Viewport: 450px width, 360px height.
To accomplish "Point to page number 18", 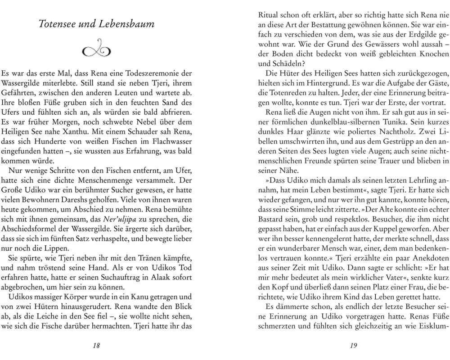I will point(96,346).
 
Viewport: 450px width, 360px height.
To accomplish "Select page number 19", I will point(353,346).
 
